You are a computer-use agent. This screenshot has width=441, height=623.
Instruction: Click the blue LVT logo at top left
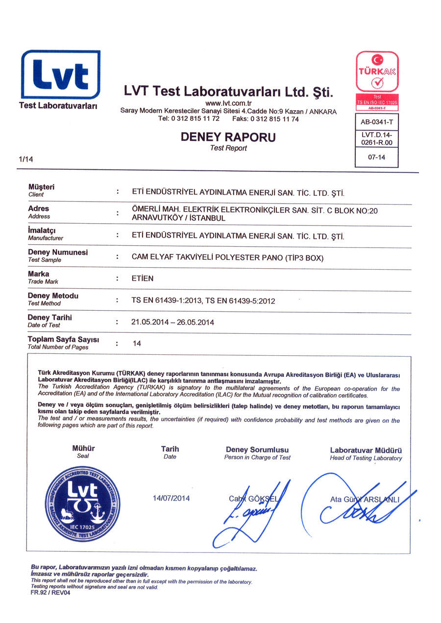click(x=60, y=74)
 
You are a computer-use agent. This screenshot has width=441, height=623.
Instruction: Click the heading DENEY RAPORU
click(x=228, y=137)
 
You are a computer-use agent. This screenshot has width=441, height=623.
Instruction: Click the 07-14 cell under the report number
click(x=376, y=158)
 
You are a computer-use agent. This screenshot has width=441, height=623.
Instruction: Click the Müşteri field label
click(x=41, y=187)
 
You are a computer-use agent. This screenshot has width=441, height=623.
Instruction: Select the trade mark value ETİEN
click(x=143, y=278)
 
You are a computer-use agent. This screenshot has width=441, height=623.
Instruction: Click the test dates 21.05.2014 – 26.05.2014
click(x=172, y=322)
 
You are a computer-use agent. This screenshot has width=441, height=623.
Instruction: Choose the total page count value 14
click(x=137, y=344)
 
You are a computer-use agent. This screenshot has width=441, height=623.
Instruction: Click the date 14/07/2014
click(x=171, y=498)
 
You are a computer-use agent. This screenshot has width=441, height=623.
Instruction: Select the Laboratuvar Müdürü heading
click(x=366, y=450)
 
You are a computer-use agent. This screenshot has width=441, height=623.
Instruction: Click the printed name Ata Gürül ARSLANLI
click(x=365, y=499)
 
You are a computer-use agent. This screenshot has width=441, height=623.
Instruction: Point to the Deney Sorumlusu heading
click(x=257, y=449)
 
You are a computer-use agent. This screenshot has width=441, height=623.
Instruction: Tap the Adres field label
click(x=39, y=208)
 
